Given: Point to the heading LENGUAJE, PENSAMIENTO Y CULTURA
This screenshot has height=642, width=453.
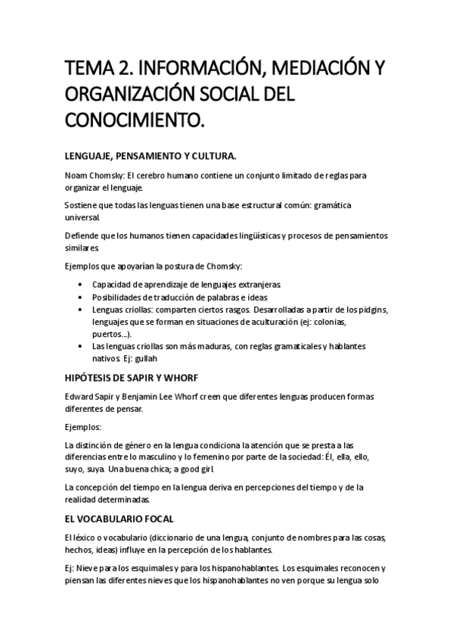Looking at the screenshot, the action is point(150,157).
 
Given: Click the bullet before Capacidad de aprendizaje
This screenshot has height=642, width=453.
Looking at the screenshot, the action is point(81,285).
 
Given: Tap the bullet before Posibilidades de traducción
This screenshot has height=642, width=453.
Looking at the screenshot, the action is point(81,298).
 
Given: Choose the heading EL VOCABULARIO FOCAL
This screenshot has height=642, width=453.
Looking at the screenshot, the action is point(119,519).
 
